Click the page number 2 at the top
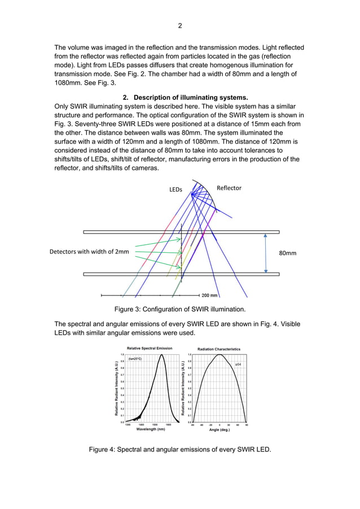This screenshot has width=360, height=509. (180, 25)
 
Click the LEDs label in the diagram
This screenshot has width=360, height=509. (176, 190)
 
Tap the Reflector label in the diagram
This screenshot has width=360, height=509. (229, 188)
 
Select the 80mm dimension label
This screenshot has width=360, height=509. (288, 253)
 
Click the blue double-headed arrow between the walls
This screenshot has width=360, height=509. (265, 253)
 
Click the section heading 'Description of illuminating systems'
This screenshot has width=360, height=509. (186, 97)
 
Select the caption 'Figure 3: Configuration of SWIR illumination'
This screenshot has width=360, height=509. (180, 309)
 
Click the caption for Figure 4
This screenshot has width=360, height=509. (180, 449)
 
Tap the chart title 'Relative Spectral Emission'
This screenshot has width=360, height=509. (150, 348)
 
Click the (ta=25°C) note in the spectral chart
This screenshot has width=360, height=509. (135, 359)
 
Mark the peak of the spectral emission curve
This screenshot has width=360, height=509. (162, 355)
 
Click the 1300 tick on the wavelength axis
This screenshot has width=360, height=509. (128, 424)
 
